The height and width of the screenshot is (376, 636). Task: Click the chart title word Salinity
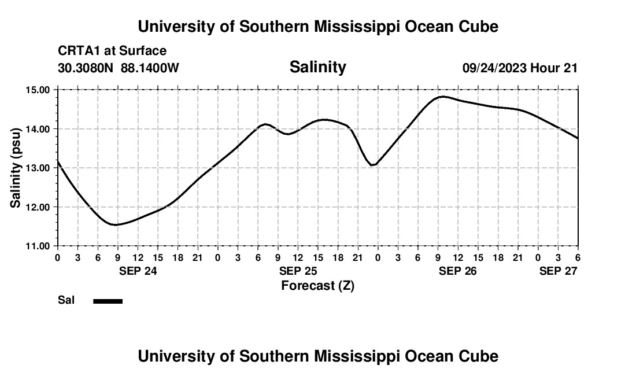point(317,67)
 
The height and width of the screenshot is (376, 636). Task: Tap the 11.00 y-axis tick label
point(38,246)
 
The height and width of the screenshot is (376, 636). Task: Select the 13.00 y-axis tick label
point(38,168)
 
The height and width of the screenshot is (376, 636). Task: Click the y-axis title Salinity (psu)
point(16,168)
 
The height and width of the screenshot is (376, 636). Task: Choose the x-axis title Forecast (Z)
point(317,285)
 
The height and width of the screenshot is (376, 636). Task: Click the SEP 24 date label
point(138,271)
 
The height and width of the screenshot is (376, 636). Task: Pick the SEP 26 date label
point(458,271)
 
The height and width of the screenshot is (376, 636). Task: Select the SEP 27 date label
point(559,271)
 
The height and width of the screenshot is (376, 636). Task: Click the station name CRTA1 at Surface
point(112,51)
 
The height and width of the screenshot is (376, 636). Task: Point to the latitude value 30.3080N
point(86,68)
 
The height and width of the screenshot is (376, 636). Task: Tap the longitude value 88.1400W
point(150,68)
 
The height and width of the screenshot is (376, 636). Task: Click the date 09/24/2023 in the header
point(494,68)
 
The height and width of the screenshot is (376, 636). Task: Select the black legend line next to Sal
point(108,301)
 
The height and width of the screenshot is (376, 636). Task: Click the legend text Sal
point(66,300)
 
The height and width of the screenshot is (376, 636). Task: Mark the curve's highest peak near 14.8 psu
point(442,97)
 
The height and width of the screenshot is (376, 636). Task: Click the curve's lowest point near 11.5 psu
point(116,224)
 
